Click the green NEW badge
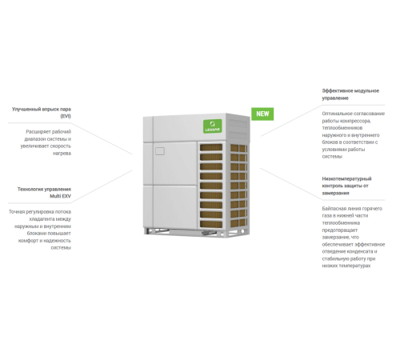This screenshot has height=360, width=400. [x=262, y=114]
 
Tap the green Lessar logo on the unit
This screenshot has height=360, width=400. [x=213, y=126]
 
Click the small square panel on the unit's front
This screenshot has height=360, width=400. [x=160, y=150]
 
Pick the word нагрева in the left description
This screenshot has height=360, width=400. [x=62, y=153]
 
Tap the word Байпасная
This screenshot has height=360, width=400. [x=336, y=208]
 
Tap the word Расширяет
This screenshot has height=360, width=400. [x=39, y=131]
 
